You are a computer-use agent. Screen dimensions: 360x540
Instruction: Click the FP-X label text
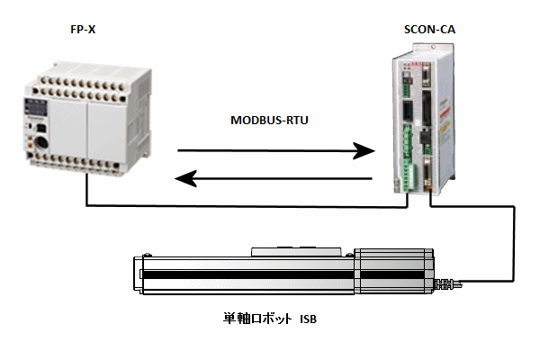(x=83, y=30)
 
